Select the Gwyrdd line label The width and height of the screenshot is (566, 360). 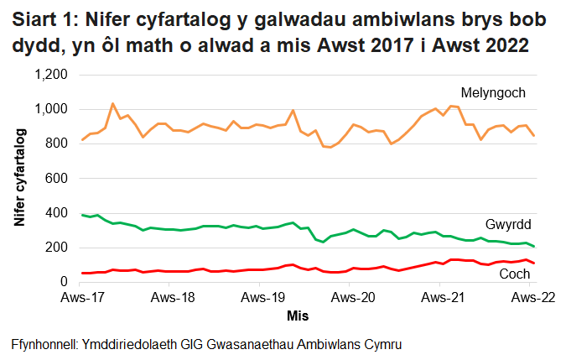pyautogui.click(x=508, y=225)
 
